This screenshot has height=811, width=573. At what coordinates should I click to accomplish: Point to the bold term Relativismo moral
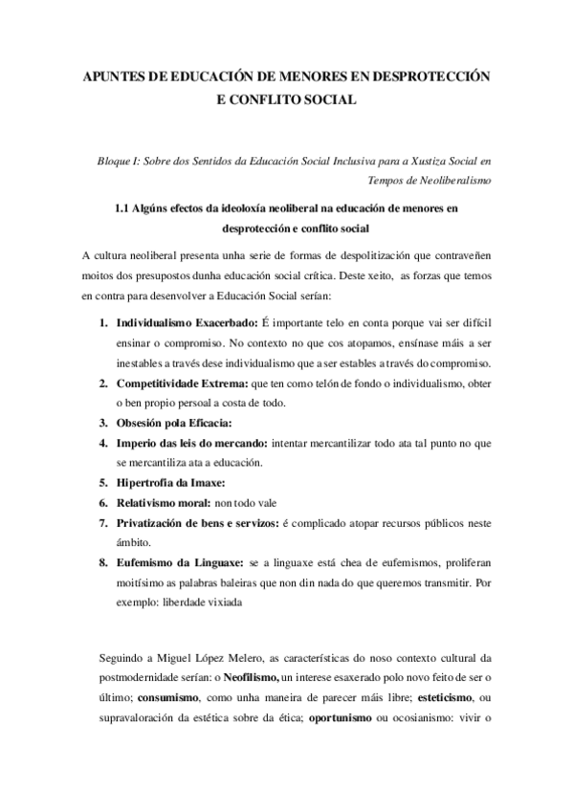162,502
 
